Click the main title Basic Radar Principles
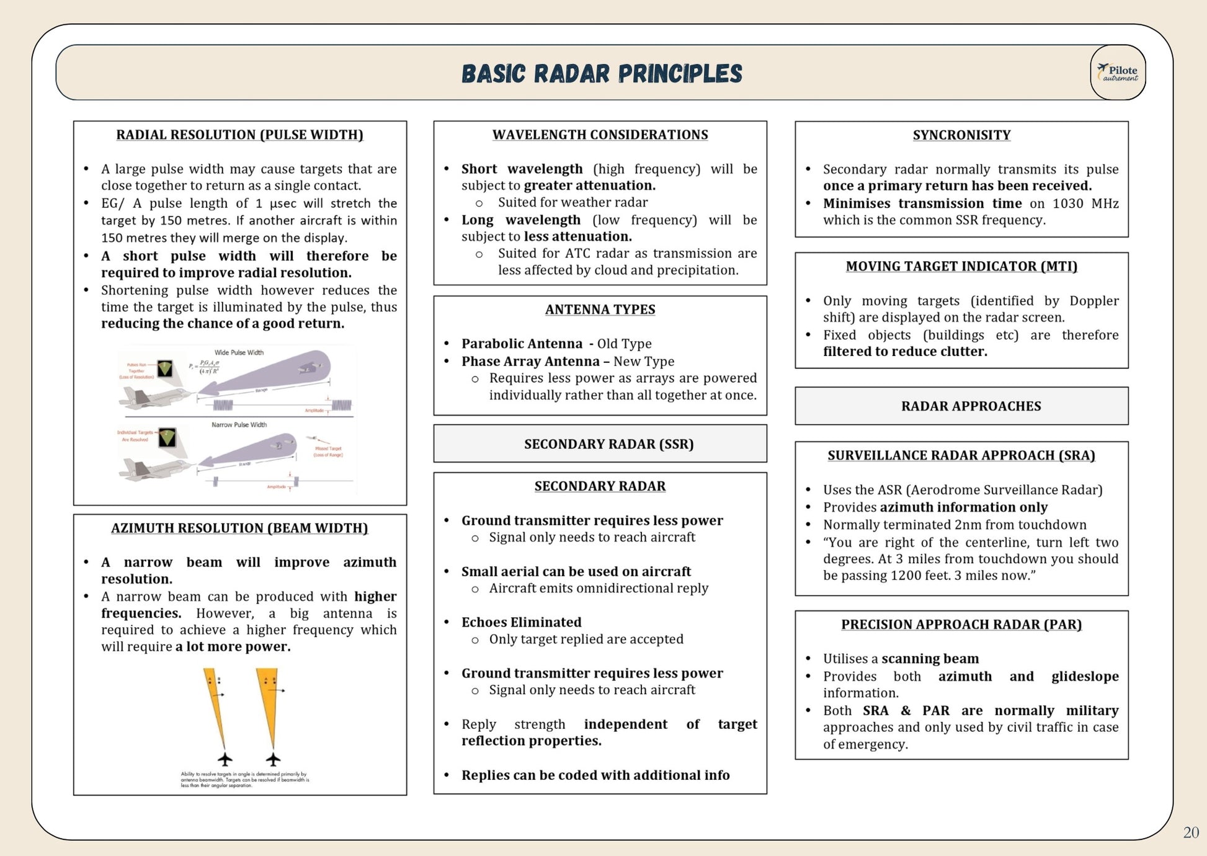coord(602,73)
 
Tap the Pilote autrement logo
coord(1118,73)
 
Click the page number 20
coord(1190,832)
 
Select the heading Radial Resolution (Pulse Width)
coord(239,135)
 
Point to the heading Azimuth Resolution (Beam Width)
coord(239,528)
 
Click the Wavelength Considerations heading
coord(600,135)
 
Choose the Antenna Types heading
coord(600,309)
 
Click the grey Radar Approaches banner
coord(971,406)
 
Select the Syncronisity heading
coord(961,135)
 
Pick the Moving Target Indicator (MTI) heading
coord(961,266)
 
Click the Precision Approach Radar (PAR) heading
coord(961,624)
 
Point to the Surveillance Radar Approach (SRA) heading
coord(961,455)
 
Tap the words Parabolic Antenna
coord(522,344)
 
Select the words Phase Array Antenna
coord(530,361)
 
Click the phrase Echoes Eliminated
coord(521,622)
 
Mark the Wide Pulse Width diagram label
coord(239,352)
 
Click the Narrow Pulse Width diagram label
coord(239,425)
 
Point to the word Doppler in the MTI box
coord(1093,301)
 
